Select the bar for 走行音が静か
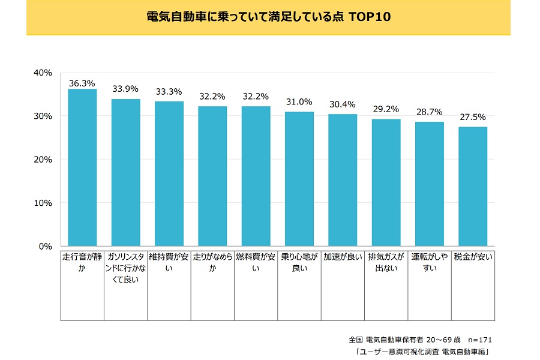pyautogui.click(x=82, y=167)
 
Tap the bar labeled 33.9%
pyautogui.click(x=125, y=172)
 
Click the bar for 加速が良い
pyautogui.click(x=343, y=180)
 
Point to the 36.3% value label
pyautogui.click(x=82, y=83)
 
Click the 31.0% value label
pyautogui.click(x=299, y=103)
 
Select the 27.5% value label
pyautogui.click(x=473, y=118)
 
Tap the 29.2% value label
pyautogui.click(x=386, y=110)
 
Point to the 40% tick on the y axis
pyautogui.click(x=44, y=73)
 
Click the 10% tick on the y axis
pyautogui.click(x=44, y=203)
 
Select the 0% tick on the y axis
pyautogui.click(x=46, y=246)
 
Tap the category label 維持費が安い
pyautogui.click(x=169, y=263)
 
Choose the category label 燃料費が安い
pyautogui.click(x=256, y=263)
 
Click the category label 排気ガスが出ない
pyautogui.click(x=386, y=263)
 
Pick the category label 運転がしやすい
pyautogui.click(x=429, y=263)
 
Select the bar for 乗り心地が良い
pyautogui.click(x=299, y=179)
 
